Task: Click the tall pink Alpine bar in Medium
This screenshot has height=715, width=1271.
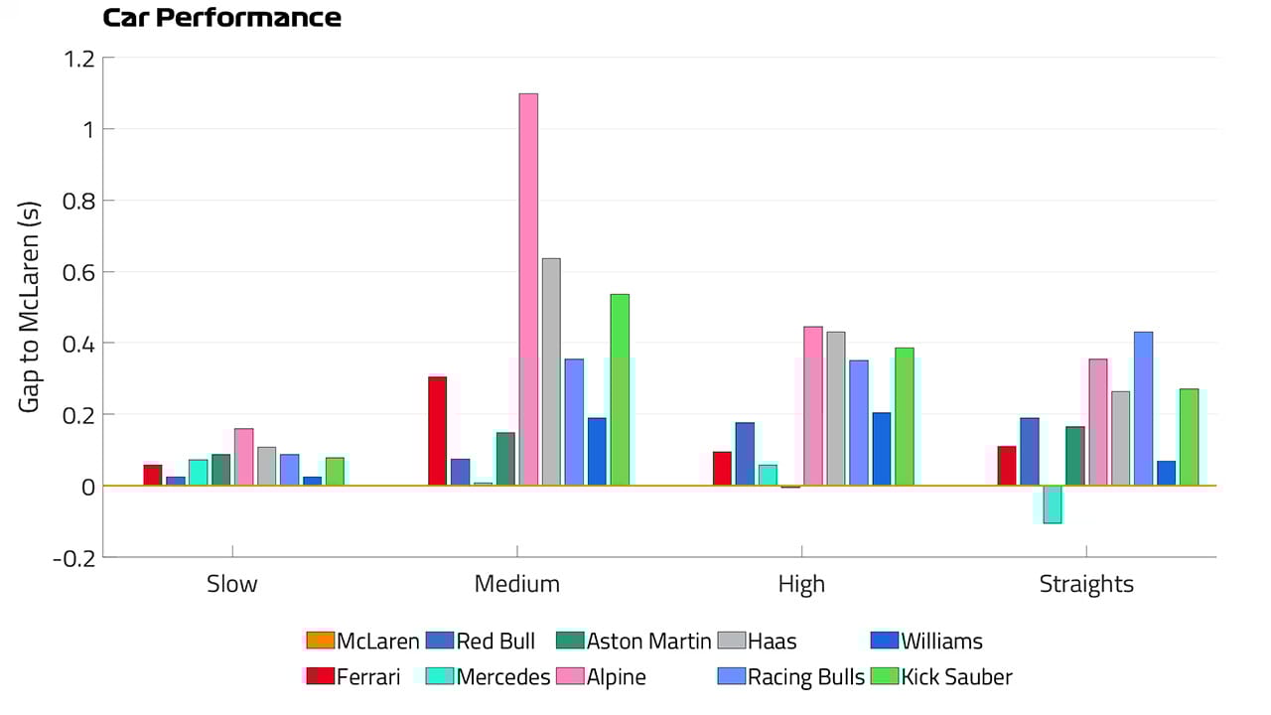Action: [x=528, y=289]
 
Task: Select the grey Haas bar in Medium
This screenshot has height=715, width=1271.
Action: [x=551, y=371]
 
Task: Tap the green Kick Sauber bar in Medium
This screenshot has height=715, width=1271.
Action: [x=620, y=389]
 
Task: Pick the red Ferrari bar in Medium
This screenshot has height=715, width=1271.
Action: [x=437, y=431]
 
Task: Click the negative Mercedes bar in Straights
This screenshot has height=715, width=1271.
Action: [x=1053, y=504]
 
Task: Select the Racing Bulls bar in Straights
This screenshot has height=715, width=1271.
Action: [x=1144, y=408]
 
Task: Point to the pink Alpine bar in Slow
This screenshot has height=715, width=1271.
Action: [x=243, y=457]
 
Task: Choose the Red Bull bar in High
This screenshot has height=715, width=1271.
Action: [x=745, y=454]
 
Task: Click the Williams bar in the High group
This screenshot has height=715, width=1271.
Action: [x=882, y=449]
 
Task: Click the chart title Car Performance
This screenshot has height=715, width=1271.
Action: [x=222, y=18]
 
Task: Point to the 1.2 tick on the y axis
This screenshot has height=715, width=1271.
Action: [x=79, y=58]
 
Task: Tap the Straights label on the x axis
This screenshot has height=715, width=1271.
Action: [x=1086, y=584]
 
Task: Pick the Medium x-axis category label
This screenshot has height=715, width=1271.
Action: [x=516, y=584]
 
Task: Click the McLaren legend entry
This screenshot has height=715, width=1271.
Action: [x=362, y=642]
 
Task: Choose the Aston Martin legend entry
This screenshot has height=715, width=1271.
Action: [x=635, y=642]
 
